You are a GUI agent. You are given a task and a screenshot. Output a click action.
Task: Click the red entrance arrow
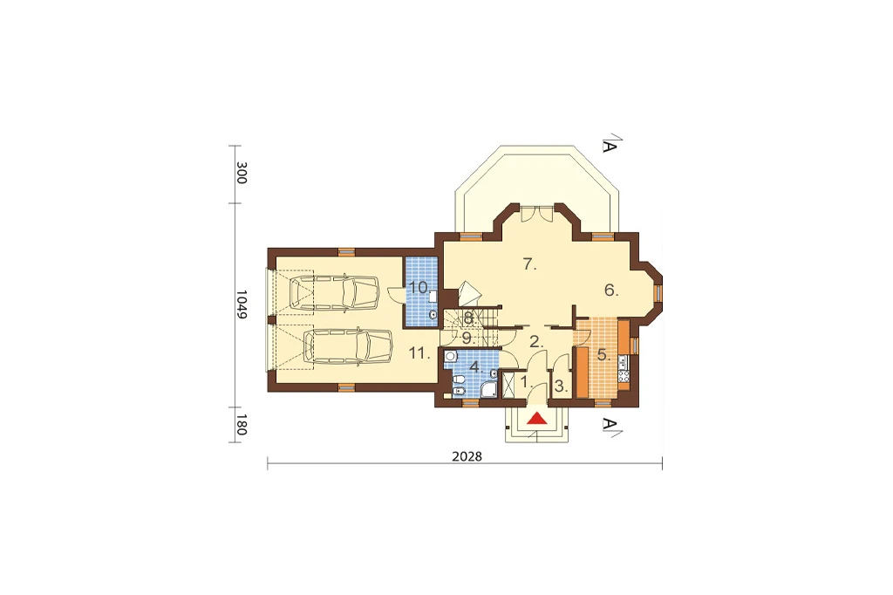pyautogui.click(x=536, y=418)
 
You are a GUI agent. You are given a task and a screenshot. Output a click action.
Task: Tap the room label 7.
pyautogui.click(x=530, y=264)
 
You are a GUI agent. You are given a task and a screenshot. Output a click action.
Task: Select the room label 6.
pyautogui.click(x=611, y=291)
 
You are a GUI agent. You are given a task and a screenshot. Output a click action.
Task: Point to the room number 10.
pyautogui.click(x=419, y=287)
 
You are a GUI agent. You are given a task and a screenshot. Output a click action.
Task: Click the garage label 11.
pyautogui.click(x=419, y=353)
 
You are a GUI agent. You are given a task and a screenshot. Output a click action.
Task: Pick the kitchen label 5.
pyautogui.click(x=603, y=354)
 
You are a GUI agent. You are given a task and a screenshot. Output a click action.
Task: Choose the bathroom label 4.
pyautogui.click(x=476, y=366)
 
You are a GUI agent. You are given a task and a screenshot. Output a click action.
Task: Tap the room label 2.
pyautogui.click(x=536, y=342)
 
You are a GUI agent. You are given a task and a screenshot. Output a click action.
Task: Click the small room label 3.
pyautogui.click(x=561, y=386)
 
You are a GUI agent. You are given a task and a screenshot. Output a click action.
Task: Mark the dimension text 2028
pyautogui.click(x=467, y=456)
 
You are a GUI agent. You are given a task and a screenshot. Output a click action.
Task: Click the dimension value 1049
pyautogui.click(x=242, y=304)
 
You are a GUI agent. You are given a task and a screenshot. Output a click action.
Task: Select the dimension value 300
pyautogui.click(x=242, y=173)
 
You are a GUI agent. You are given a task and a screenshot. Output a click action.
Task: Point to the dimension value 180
pyautogui.click(x=242, y=425)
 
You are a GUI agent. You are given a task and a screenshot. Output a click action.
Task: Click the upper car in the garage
pyautogui.click(x=334, y=293)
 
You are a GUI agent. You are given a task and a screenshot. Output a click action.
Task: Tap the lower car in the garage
pyautogui.click(x=349, y=345)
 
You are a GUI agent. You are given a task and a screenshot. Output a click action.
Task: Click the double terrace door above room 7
pyautogui.click(x=537, y=214)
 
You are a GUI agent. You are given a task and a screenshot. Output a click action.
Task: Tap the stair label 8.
pyautogui.click(x=469, y=318)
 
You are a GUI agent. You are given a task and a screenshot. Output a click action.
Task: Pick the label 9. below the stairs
pyautogui.click(x=467, y=338)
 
